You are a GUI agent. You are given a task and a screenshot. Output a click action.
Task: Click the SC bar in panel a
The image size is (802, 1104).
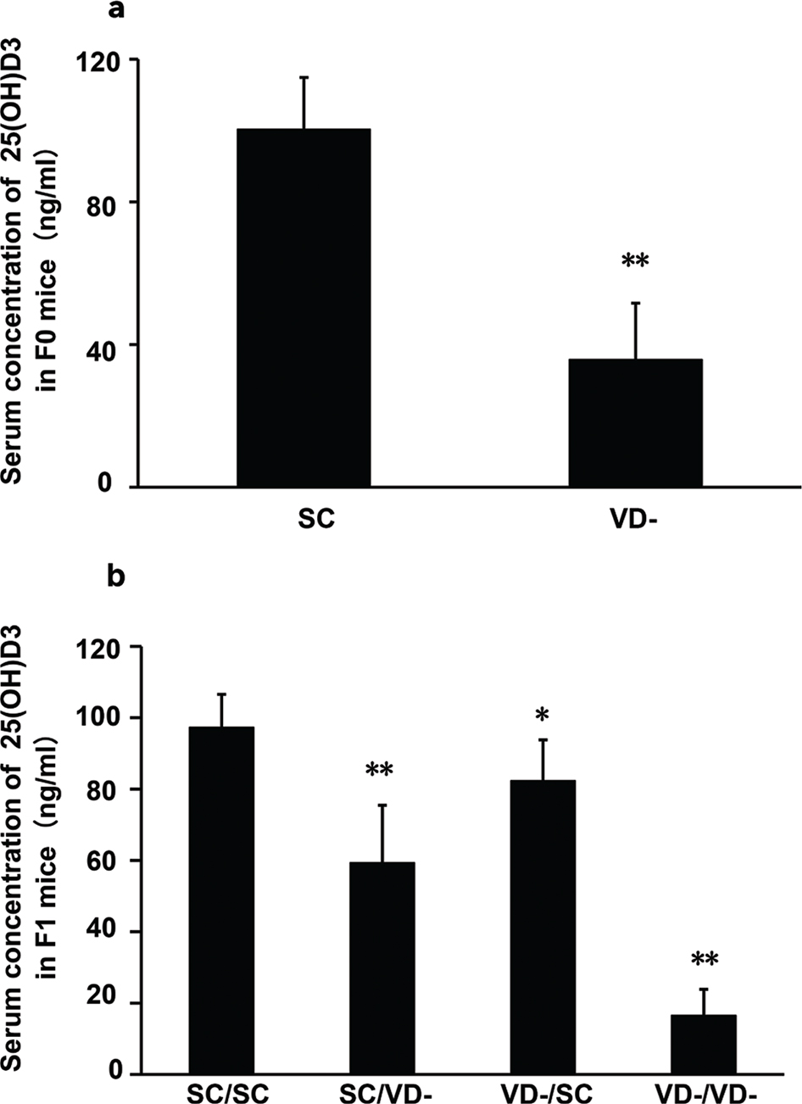point(304,308)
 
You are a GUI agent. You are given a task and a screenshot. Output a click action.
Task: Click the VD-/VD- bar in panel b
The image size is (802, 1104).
point(704,1045)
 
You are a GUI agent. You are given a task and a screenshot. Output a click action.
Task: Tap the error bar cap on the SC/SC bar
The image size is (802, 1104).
point(221,694)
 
